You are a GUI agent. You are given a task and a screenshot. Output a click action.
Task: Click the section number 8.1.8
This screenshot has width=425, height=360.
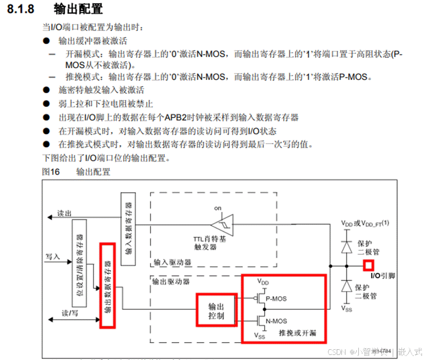24,9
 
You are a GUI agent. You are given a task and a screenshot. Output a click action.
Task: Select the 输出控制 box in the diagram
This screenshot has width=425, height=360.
216,309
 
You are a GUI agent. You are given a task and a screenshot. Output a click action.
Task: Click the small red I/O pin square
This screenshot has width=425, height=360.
368,265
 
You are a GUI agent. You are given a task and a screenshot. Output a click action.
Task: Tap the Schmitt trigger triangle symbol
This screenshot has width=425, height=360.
222,224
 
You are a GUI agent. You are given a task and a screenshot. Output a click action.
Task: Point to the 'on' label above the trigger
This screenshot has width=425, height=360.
218,208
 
